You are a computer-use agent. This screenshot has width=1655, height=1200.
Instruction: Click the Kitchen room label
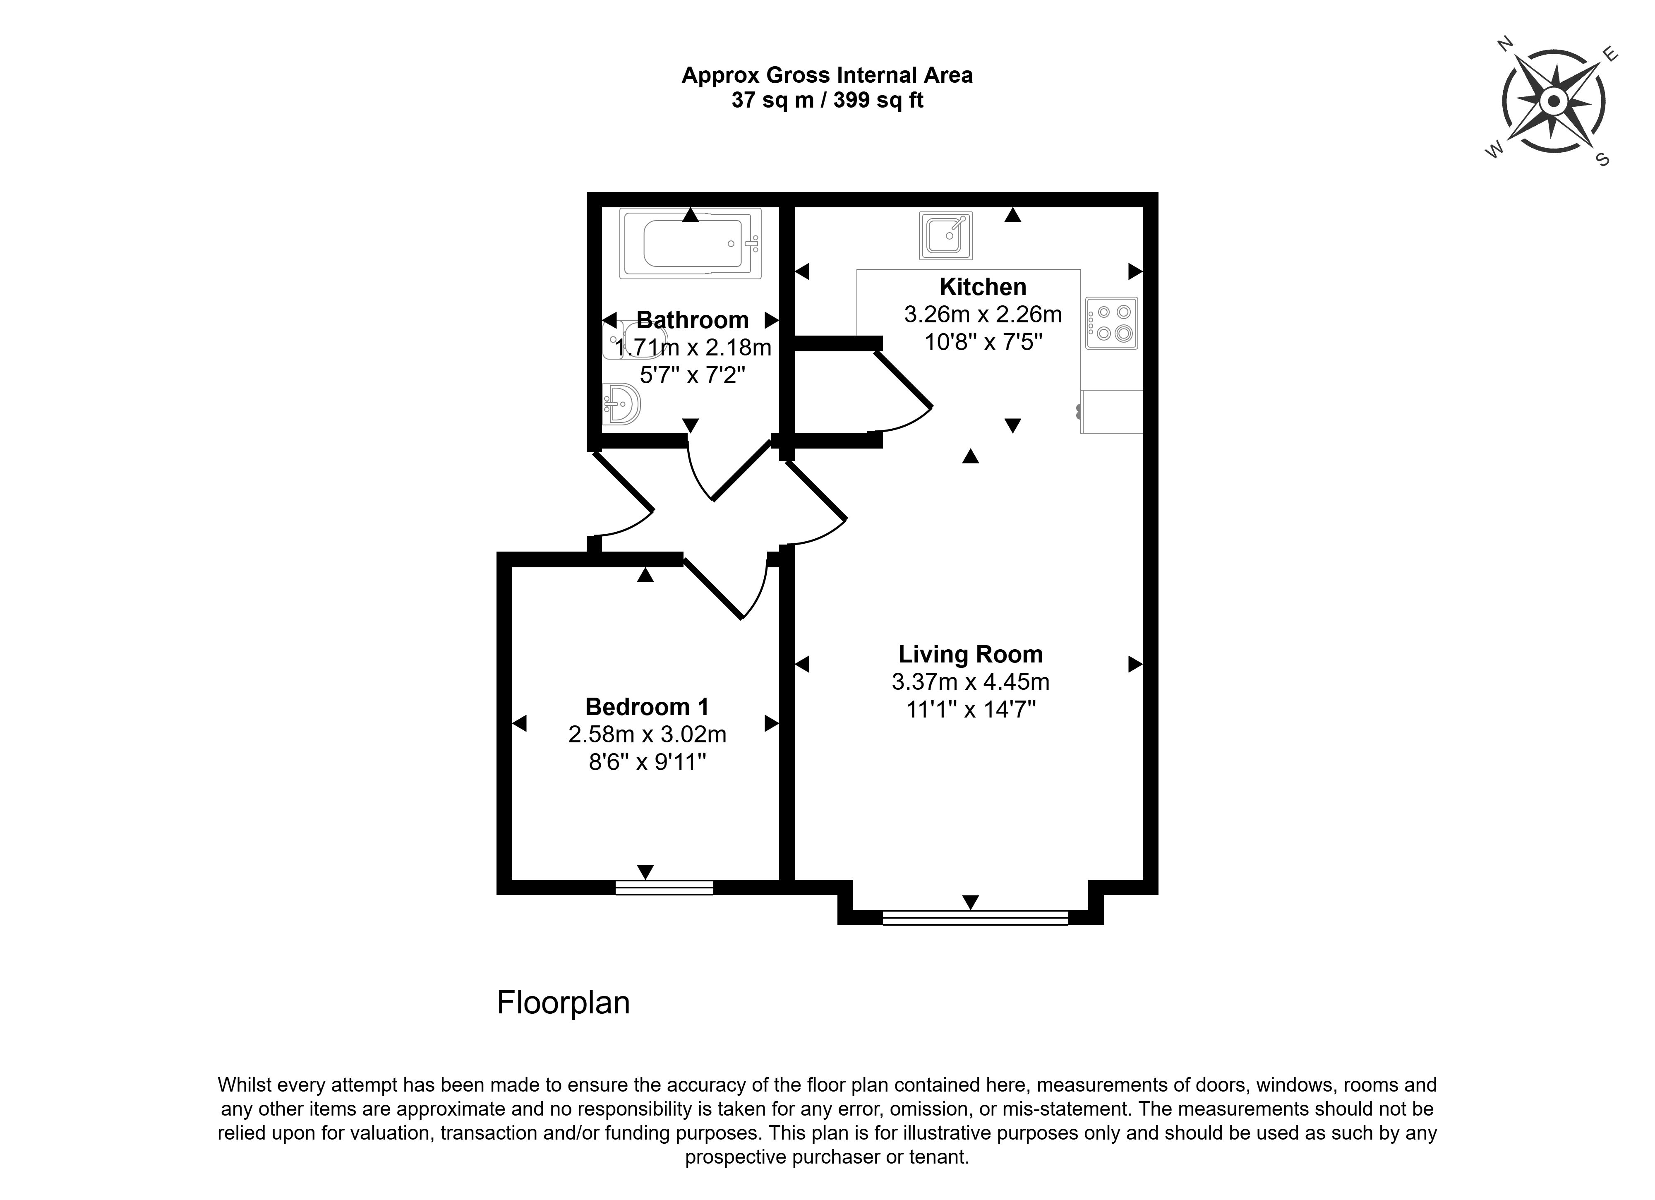point(983,287)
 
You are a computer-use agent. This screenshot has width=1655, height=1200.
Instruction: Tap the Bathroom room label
point(693,320)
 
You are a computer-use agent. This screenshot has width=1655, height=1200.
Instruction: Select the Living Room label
point(971,654)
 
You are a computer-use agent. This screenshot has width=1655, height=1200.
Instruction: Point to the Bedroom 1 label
point(647,707)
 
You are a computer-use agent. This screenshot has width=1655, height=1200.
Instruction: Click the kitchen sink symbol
point(946,235)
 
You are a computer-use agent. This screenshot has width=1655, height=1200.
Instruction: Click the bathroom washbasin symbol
point(621,403)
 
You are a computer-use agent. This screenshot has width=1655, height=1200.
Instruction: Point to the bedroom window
point(664,888)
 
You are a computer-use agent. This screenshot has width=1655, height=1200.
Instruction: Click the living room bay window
point(975,917)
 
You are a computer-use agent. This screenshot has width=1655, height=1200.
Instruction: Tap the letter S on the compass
point(1603,160)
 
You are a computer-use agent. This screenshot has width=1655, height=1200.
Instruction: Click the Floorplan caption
point(564,1003)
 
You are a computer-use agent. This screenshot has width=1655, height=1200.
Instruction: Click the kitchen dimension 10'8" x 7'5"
point(983,342)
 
